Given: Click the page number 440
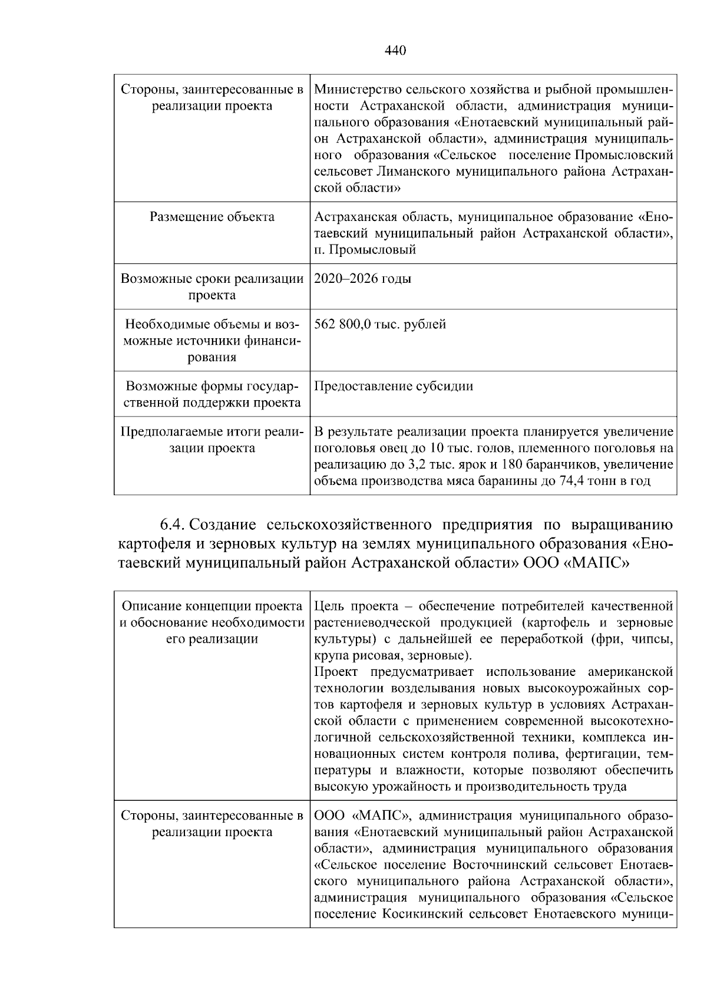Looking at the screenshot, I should (395, 51).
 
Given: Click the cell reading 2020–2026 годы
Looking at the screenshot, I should (362, 279).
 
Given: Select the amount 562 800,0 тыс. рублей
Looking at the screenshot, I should (380, 324).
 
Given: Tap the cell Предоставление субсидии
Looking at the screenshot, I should (394, 386).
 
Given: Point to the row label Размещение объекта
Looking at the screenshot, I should (212, 217).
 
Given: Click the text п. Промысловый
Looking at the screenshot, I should (365, 249).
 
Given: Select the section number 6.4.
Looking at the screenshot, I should (173, 524).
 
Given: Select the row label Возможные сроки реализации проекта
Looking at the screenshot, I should (212, 286).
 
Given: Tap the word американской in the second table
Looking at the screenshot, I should (630, 672).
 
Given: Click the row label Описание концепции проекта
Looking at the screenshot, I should (212, 606).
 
